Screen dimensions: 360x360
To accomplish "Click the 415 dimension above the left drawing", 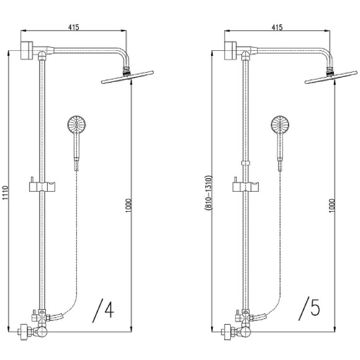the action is (x=73, y=27).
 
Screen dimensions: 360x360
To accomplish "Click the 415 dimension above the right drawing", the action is (x=277, y=27).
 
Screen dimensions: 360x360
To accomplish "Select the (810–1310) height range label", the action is (x=209, y=193).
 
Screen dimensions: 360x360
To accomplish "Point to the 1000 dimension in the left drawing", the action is (x=128, y=205).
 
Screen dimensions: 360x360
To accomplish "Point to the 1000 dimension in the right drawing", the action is (x=332, y=205).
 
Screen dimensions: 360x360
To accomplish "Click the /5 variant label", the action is (x=309, y=309).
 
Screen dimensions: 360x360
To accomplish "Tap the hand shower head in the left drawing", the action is (x=76, y=125).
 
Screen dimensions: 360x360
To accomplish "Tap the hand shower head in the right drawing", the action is (x=280, y=125).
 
